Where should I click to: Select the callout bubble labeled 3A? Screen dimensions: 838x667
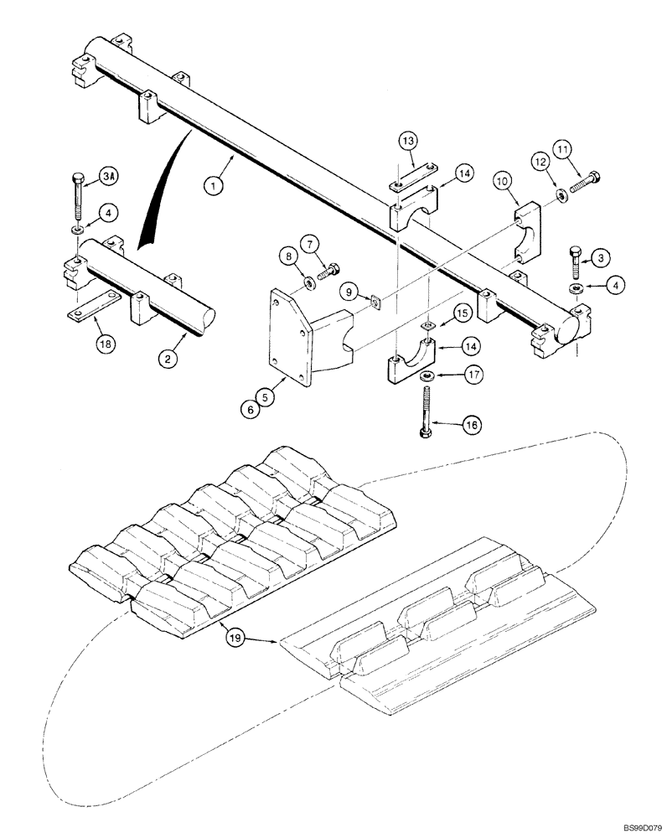click(109, 176)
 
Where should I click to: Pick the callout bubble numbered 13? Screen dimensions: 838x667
click(407, 142)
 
